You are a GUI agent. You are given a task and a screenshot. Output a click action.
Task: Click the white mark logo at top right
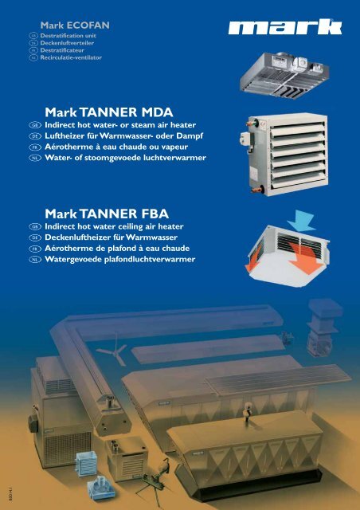(284, 29)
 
